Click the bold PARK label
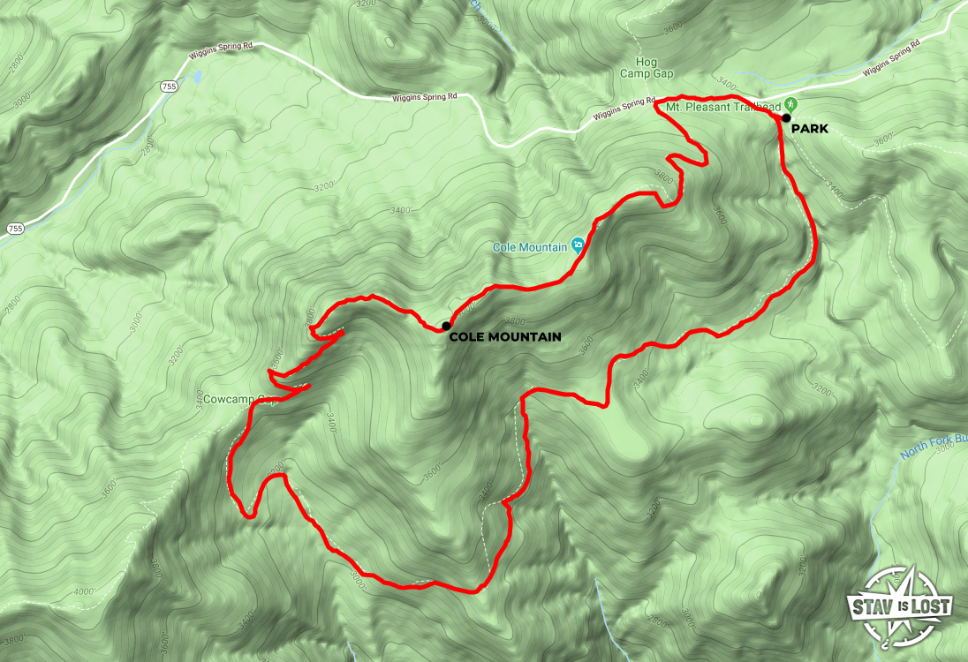(810, 129)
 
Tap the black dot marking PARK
(785, 117)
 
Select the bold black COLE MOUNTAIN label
(504, 336)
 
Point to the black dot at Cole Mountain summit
(446, 326)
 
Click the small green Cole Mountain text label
(529, 247)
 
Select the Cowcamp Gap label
(228, 399)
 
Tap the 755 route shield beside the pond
(168, 87)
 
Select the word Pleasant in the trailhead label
(716, 106)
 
